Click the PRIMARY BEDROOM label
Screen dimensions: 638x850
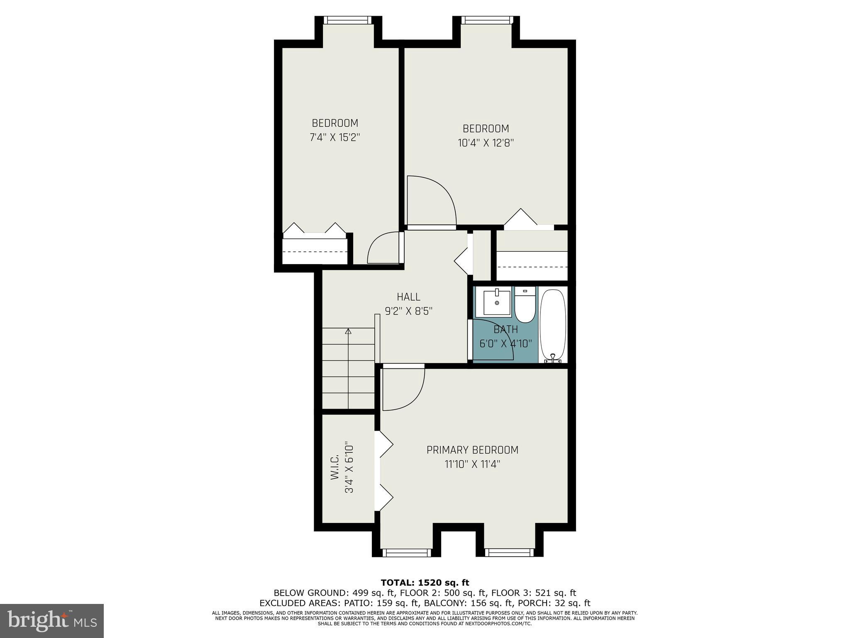coord(472,450)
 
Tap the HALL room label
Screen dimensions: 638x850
coord(408,297)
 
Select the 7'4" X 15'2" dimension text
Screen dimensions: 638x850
coord(335,137)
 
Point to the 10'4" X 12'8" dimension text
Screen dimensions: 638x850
coord(486,143)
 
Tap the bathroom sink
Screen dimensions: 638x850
coord(496,303)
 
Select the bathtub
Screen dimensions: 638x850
coord(552,325)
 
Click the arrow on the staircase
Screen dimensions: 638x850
coord(348,331)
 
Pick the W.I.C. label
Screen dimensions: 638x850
coord(335,467)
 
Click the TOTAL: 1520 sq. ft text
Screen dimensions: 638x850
coord(425,583)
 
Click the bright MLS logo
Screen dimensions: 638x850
coord(52,621)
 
